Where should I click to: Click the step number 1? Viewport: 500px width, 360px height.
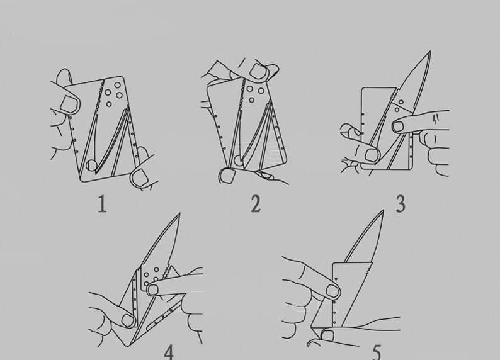pos(101,205)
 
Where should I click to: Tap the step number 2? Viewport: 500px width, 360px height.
pos(255,204)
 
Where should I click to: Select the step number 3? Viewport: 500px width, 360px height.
pos(400,204)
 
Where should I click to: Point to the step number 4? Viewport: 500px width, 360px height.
pos(168,351)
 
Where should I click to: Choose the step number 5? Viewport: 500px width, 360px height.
pos(376,351)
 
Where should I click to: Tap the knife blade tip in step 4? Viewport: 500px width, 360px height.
pos(179,215)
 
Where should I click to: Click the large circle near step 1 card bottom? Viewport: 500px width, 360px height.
pos(92,166)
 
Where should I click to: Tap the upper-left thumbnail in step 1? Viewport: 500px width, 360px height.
pos(69,104)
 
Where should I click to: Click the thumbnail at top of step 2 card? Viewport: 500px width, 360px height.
pos(258,70)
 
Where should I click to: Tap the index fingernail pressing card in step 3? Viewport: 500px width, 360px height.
pos(398,127)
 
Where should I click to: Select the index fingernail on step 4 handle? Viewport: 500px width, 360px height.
pos(152,290)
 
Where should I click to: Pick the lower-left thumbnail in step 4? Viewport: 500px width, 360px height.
pos(128,320)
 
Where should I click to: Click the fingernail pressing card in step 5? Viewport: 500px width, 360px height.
pos(332,290)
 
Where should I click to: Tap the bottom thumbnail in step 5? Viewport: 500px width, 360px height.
pos(327,335)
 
